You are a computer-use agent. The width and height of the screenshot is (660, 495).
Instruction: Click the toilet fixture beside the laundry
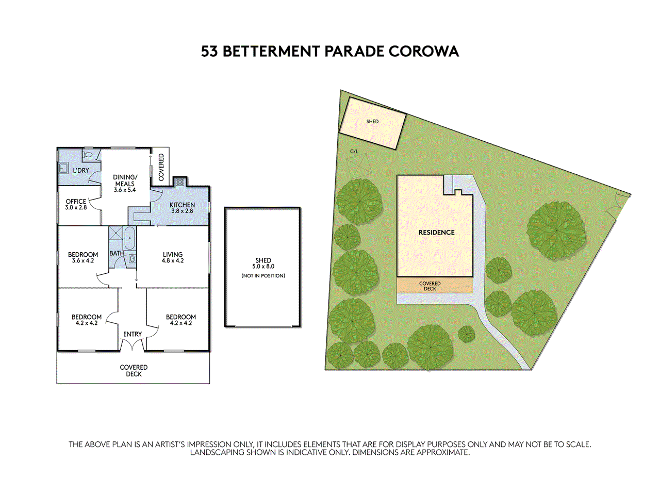(88, 155)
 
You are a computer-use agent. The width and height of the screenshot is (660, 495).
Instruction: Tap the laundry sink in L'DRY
(63, 168)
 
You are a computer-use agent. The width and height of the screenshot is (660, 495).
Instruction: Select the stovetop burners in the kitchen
(180, 181)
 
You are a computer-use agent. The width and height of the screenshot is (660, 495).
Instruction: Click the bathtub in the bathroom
(129, 238)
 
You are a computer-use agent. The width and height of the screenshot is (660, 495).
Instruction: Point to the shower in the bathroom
(115, 233)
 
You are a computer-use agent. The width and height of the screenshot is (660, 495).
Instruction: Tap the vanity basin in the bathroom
(133, 258)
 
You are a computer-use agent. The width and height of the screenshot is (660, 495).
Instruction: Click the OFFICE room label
(76, 202)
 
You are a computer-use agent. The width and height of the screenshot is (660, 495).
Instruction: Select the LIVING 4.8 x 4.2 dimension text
(173, 260)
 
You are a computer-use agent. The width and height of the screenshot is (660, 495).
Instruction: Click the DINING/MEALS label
(125, 180)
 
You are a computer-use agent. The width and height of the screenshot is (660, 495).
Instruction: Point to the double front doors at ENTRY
(133, 344)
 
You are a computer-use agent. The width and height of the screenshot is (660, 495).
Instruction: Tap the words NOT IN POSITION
(263, 275)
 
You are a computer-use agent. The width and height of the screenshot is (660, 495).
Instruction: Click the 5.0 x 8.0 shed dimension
(263, 266)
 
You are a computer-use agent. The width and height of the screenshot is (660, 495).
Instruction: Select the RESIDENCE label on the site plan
(436, 233)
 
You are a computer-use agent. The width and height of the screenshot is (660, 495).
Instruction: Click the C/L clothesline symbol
(358, 166)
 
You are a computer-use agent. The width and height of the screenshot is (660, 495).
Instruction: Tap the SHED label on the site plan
(372, 121)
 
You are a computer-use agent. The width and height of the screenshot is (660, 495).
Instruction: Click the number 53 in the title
(209, 52)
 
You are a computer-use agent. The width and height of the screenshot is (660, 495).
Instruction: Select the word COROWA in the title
(424, 52)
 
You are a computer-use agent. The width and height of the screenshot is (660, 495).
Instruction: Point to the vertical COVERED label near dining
(161, 167)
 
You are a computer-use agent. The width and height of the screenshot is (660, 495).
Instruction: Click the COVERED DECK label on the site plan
(430, 286)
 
